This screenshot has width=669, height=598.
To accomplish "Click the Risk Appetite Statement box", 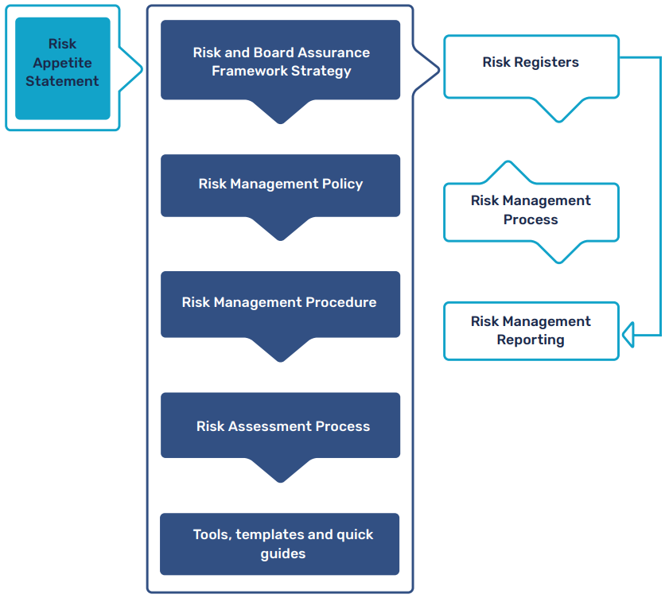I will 62,68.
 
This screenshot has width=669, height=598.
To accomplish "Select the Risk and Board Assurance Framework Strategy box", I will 280,60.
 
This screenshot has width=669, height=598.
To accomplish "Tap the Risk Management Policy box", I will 280,184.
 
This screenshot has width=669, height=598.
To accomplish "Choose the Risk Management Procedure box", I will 280,303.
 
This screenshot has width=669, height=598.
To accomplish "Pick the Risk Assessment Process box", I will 280,425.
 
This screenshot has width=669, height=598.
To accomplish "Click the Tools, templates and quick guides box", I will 280,544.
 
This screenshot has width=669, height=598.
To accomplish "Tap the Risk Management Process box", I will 531,212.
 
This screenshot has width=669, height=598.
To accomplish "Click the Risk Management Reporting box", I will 531,331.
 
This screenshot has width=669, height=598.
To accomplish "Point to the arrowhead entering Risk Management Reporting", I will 628,335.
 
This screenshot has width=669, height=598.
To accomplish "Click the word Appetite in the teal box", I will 62,63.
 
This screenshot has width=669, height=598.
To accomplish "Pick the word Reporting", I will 531,340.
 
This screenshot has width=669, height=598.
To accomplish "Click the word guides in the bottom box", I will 283,553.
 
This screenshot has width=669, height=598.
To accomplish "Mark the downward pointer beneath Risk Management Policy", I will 280,229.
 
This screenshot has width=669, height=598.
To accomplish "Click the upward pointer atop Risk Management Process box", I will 506,171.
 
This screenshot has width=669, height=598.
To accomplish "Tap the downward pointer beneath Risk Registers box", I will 559,111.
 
